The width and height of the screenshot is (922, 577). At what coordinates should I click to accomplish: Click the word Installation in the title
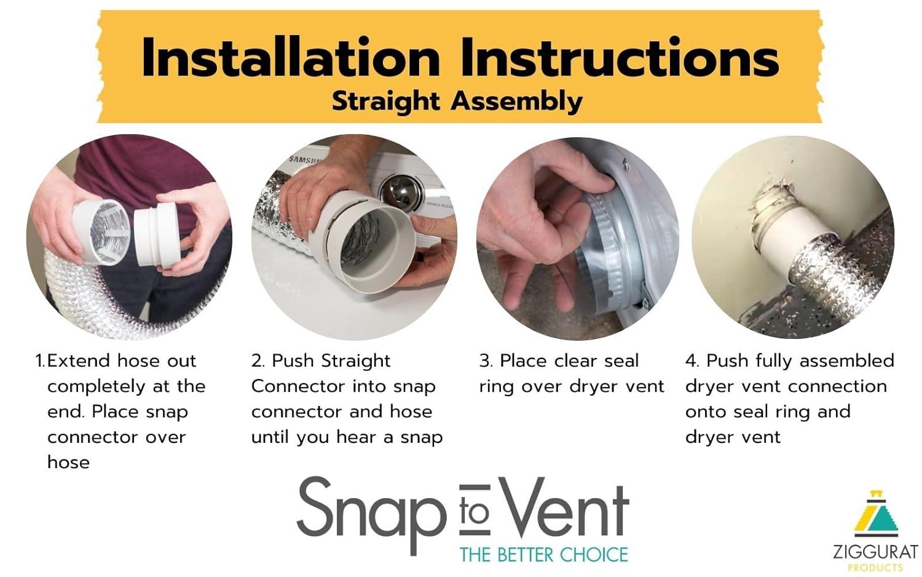click(290, 58)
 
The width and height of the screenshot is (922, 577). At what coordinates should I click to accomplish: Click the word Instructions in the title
click(620, 58)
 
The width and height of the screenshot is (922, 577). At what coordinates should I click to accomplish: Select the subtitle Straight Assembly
click(457, 101)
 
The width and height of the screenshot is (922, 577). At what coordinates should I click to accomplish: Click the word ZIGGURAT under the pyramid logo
click(875, 551)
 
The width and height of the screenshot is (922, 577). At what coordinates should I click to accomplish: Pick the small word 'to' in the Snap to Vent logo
click(475, 512)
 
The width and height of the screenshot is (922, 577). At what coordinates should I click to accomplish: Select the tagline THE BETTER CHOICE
click(543, 555)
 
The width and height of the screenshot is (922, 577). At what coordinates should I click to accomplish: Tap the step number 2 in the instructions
click(257, 361)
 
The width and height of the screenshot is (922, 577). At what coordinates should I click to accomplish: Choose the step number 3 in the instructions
click(484, 361)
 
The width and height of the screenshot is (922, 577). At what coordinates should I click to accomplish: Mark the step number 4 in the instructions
click(691, 361)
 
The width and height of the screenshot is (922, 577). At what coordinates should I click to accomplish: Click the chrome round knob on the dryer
click(396, 193)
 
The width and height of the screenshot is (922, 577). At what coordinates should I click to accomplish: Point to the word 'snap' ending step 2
click(421, 437)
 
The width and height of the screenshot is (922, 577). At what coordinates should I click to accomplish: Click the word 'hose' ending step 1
click(68, 463)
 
